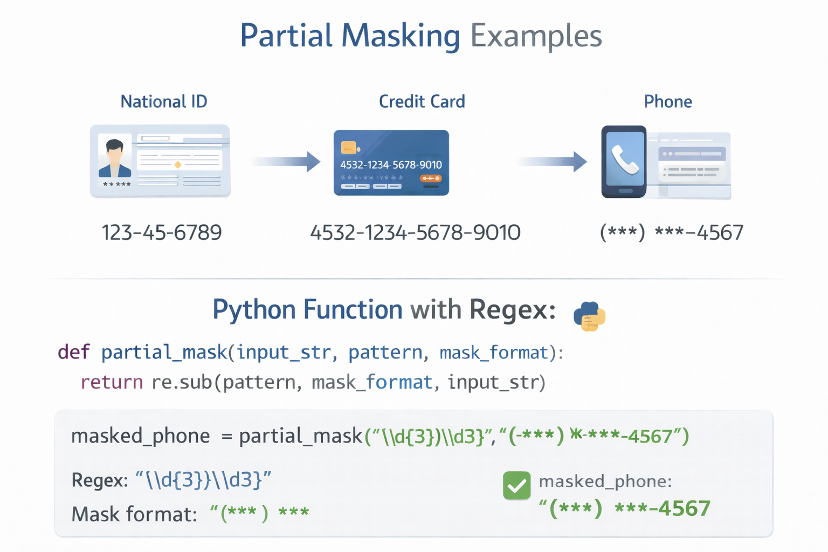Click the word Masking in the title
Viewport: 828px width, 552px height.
[x=401, y=36]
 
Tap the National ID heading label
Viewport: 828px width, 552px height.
[x=164, y=101]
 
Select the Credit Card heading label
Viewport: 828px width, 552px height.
[x=422, y=101]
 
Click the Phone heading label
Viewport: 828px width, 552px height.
[x=668, y=101]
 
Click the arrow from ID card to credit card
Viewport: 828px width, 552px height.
[x=286, y=161]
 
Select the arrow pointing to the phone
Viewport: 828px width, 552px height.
[x=553, y=161]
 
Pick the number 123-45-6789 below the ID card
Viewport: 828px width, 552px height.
[x=162, y=233]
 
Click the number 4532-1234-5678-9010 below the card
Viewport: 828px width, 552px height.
[x=415, y=233]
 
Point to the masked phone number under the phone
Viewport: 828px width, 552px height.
[x=672, y=233]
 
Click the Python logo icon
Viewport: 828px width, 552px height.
[x=589, y=316]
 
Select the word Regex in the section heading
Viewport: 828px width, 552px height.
[x=512, y=310]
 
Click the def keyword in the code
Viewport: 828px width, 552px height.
[x=74, y=352]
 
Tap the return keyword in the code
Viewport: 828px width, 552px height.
[x=112, y=382]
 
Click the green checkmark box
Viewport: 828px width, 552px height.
[x=516, y=485]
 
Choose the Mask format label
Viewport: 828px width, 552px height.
[x=134, y=514]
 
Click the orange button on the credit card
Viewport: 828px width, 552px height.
[x=431, y=178]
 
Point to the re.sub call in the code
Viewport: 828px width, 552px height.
[x=182, y=382]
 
